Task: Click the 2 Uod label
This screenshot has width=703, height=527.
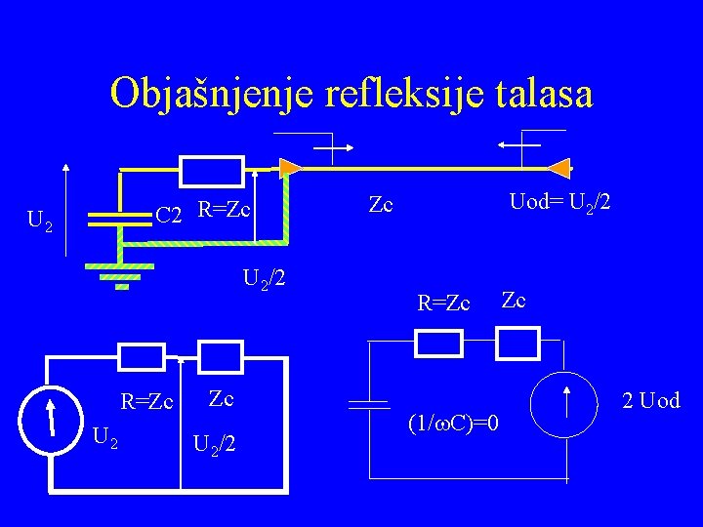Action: coord(650,401)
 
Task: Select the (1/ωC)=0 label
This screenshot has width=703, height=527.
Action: coord(458,424)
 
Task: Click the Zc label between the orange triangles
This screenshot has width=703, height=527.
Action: coord(380,204)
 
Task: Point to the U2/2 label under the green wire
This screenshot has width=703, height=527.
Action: coord(264,279)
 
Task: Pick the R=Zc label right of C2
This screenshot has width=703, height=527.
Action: coord(225,209)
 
